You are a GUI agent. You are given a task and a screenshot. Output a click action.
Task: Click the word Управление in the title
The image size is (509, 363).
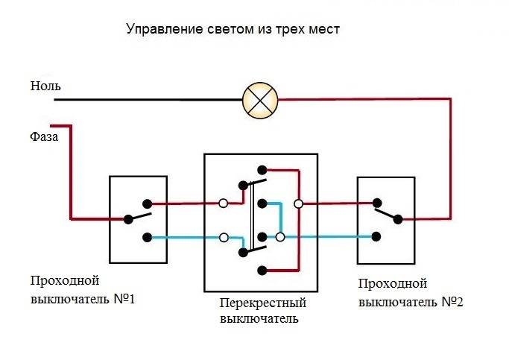162,30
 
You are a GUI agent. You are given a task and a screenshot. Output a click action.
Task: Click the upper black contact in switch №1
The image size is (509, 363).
148,203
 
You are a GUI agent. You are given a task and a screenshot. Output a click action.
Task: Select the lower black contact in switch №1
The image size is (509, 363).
148,238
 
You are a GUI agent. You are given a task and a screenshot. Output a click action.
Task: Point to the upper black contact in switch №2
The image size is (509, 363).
378,202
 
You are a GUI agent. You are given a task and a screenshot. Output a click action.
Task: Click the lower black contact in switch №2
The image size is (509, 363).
378,237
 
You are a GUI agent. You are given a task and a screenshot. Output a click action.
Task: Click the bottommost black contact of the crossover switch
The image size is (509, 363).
260,269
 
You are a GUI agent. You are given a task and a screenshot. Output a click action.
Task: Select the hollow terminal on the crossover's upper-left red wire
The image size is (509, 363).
223,203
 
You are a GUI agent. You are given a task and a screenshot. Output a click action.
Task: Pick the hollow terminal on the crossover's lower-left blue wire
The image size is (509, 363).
223,238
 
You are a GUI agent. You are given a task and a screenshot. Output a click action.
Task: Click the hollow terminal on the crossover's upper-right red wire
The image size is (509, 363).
298,203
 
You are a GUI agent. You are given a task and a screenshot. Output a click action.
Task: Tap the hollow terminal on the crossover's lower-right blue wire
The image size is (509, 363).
280,237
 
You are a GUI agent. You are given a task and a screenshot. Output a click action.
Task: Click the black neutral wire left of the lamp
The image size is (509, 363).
149,99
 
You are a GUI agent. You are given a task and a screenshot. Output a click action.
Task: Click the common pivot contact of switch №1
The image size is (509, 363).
128,219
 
